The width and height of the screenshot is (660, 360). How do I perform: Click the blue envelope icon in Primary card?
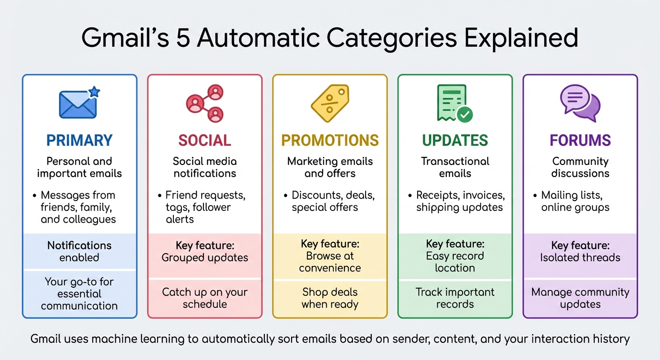tap(78, 104)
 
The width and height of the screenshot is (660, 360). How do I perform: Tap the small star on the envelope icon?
tap(94, 92)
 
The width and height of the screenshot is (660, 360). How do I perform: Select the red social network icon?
tap(205, 103)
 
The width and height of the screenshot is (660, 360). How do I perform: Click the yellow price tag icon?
tap(330, 103)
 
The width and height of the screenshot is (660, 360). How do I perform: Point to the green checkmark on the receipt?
tap(465, 114)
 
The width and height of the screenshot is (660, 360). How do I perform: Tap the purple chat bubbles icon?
tap(580, 103)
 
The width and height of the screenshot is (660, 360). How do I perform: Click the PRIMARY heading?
tap(79, 140)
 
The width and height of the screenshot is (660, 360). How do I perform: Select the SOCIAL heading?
tap(204, 140)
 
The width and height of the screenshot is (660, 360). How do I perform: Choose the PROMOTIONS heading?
tap(330, 140)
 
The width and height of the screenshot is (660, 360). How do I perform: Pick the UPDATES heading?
tap(455, 140)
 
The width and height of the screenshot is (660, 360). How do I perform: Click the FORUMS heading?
tap(580, 140)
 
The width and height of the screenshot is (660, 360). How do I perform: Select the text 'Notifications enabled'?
tap(79, 251)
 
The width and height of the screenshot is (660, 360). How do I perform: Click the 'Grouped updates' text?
tap(205, 257)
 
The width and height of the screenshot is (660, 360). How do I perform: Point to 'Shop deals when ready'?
tap(330, 298)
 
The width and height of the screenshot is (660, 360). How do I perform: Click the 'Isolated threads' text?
tap(580, 257)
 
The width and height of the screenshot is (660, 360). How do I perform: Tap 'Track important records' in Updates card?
tap(455, 298)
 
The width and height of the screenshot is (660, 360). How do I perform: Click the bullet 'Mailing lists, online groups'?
tap(575, 201)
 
